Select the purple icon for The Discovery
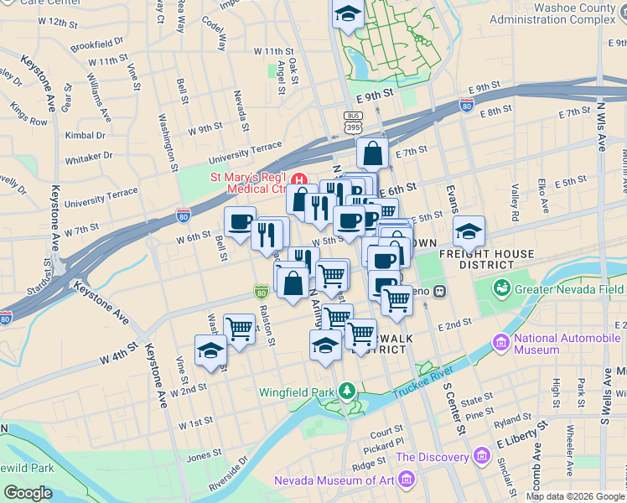482,457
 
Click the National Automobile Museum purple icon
501,343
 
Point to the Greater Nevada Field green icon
502,289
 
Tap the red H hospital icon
298,178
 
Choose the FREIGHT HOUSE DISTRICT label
496,259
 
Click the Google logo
28,493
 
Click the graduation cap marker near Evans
469,230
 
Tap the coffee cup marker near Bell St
240,222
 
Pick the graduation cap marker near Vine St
210,351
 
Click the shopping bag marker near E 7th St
371,154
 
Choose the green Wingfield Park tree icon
346,392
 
